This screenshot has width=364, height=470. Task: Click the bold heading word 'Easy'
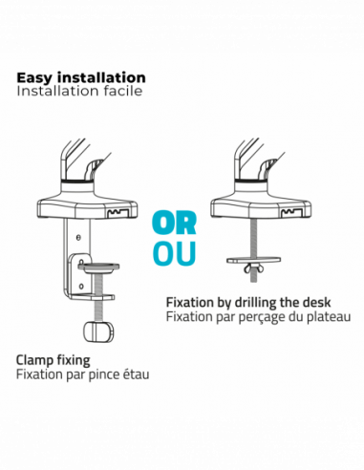35,78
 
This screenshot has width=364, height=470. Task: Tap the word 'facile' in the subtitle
123,91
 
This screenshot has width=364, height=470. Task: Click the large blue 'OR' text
174,224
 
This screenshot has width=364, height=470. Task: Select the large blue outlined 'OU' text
174,253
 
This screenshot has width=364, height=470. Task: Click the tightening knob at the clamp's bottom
98,331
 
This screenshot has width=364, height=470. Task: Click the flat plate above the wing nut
254,260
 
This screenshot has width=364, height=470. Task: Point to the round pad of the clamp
98,267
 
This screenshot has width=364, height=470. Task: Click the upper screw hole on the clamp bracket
78,237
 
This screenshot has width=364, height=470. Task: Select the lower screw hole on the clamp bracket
81,286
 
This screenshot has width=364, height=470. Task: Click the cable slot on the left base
119,213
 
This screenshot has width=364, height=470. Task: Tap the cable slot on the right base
292,213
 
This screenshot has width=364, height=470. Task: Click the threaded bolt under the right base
253,250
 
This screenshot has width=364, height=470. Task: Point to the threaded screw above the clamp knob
98,298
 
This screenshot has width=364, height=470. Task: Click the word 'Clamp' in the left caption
34,360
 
